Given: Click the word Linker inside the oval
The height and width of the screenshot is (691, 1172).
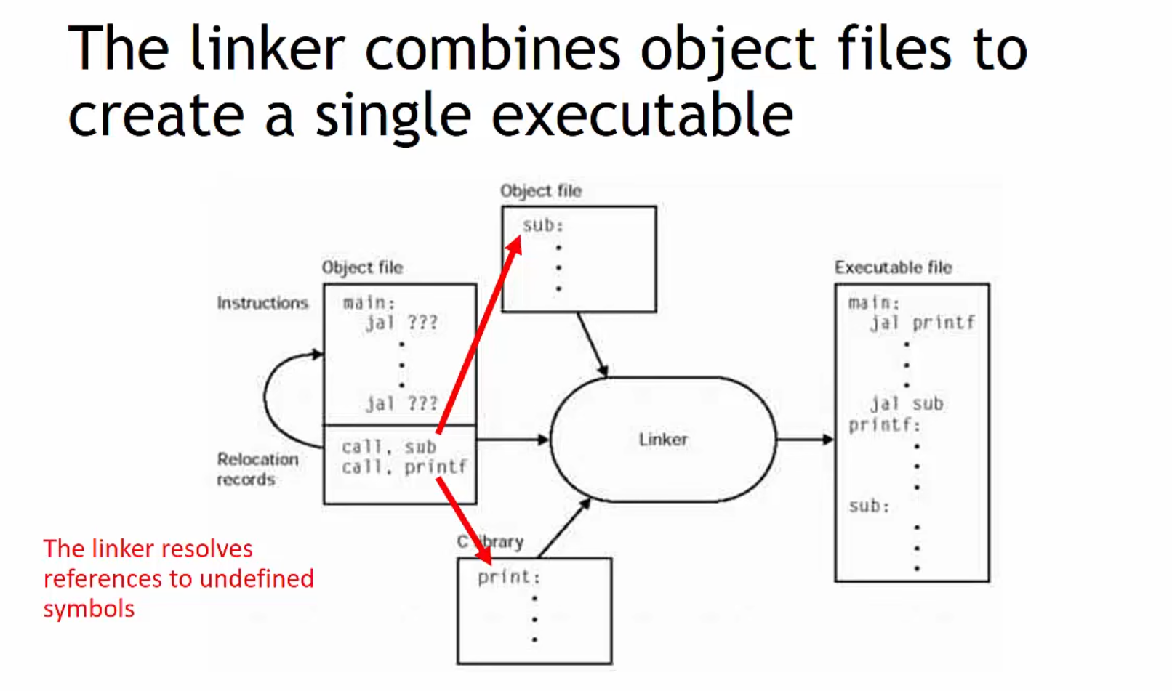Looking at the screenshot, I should (x=662, y=440).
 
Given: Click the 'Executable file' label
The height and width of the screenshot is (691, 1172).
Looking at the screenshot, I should (x=893, y=267).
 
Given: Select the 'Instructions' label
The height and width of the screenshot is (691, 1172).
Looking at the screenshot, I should (x=262, y=303).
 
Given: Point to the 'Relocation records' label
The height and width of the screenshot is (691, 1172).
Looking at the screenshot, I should (x=257, y=469).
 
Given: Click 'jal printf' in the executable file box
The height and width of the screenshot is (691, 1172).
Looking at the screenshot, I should (x=922, y=323).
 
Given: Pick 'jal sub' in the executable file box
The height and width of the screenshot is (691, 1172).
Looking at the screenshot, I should (x=907, y=404).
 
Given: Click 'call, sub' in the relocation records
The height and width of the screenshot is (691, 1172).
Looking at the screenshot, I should (x=388, y=446).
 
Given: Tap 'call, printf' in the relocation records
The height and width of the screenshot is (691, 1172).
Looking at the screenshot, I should (x=404, y=466).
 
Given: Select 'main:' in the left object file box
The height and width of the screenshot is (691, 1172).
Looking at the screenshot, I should (x=368, y=302).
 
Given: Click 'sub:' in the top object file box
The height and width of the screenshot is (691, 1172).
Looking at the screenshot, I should (x=542, y=225).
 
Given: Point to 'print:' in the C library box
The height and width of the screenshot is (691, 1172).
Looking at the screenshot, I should (x=508, y=577).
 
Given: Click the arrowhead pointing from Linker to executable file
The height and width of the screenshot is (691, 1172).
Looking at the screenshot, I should (x=827, y=440).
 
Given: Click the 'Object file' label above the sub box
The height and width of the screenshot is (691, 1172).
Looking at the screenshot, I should (x=540, y=191).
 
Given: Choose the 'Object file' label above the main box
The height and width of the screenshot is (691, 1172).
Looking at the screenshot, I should (x=362, y=267).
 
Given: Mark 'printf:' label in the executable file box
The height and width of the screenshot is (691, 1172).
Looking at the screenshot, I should (x=884, y=424).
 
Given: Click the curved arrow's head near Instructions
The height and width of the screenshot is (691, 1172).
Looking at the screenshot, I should (x=318, y=355).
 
